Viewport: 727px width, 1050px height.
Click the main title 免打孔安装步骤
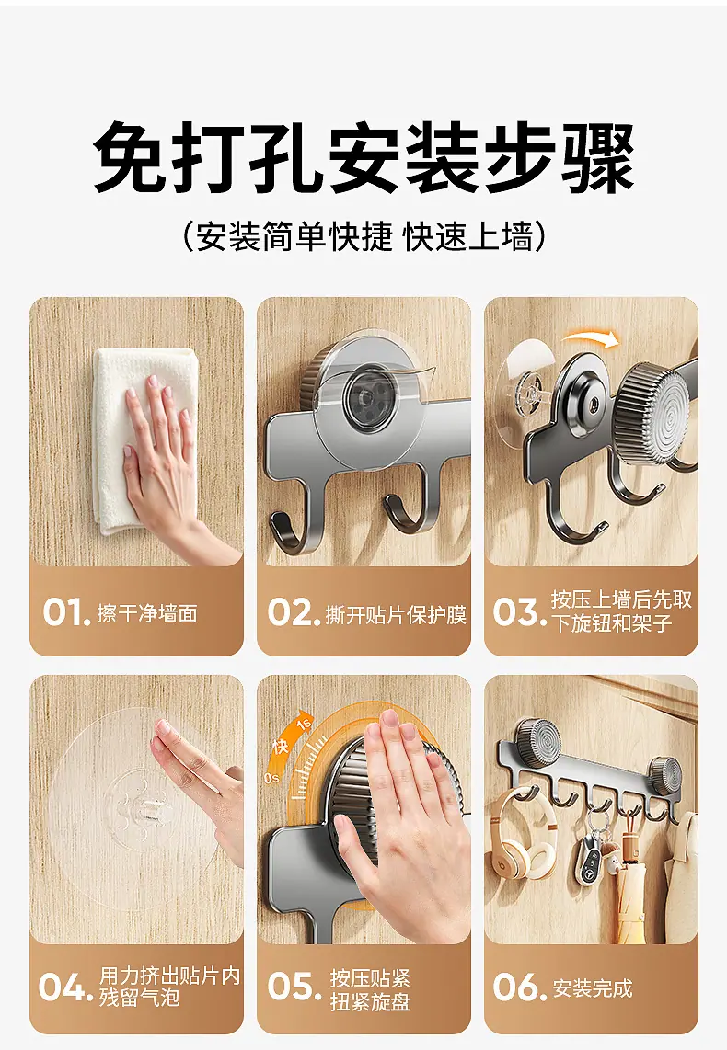pyautogui.click(x=363, y=159)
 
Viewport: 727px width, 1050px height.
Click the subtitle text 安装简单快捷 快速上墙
pyautogui.click(x=363, y=236)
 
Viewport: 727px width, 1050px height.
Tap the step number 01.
pyautogui.click(x=66, y=612)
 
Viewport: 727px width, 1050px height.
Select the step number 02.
pyautogui.click(x=294, y=612)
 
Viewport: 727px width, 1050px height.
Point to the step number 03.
pyautogui.click(x=520, y=612)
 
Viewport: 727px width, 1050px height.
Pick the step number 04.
pyautogui.click(x=65, y=987)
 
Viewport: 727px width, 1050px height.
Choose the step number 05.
pyautogui.click(x=294, y=987)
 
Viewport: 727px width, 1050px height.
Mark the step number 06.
pyautogui.click(x=520, y=987)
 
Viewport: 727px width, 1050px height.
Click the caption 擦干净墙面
pyautogui.click(x=147, y=613)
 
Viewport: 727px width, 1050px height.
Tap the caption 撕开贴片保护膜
pyautogui.click(x=396, y=614)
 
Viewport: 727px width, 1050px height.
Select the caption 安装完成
pyautogui.click(x=593, y=987)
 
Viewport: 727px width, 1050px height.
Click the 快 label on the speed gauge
pyautogui.click(x=280, y=746)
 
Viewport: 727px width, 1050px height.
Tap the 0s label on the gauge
pyautogui.click(x=271, y=778)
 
